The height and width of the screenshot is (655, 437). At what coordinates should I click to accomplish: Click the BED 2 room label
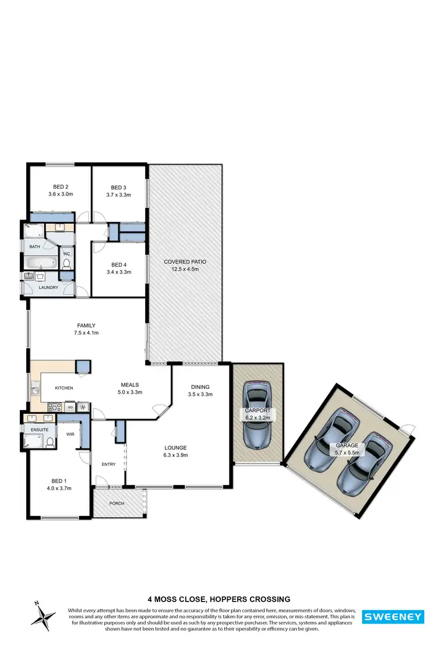pyautogui.click(x=59, y=186)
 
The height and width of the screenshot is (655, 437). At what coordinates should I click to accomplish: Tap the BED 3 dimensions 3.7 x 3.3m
pyautogui.click(x=118, y=195)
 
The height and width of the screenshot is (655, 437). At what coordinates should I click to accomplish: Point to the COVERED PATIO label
pyautogui.click(x=185, y=262)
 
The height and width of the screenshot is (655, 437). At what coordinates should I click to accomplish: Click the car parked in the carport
pyautogui.click(x=257, y=414)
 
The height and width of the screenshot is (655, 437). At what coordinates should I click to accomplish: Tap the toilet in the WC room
pyautogui.click(x=66, y=264)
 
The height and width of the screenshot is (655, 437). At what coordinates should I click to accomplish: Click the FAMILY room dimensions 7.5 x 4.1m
pyautogui.click(x=86, y=333)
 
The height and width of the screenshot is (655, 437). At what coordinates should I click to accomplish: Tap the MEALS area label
pyautogui.click(x=129, y=385)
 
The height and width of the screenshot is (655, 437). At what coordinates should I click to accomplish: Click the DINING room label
pyautogui.click(x=200, y=387)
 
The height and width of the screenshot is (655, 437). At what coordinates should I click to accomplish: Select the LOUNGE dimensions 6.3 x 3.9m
pyautogui.click(x=175, y=455)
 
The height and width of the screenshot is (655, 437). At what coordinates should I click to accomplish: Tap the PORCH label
pyautogui.click(x=117, y=504)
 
